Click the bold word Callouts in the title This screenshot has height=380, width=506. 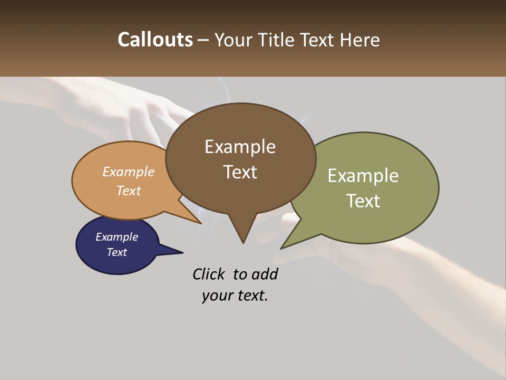[x=155, y=40]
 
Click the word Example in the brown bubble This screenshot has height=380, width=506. [x=240, y=147]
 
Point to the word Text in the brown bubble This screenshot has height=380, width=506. [x=240, y=172]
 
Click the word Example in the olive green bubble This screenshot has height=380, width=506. [x=363, y=176]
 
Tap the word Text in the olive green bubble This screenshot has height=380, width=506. [x=363, y=201]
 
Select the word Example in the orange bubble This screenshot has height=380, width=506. [x=129, y=172]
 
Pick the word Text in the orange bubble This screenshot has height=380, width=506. [x=129, y=191]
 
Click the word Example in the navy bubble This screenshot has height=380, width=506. [x=116, y=237]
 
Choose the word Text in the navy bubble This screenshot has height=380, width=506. [x=116, y=252]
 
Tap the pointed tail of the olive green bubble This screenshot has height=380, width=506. [x=285, y=245]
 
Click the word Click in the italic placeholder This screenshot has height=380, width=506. [x=210, y=274]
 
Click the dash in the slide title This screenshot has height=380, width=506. [x=203, y=40]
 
